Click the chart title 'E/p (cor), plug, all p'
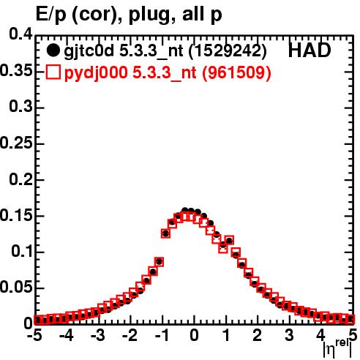point(129,15)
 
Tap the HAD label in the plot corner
point(310,50)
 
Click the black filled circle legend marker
point(53,50)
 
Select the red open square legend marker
point(53,72)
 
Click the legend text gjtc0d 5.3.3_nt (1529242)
point(165,51)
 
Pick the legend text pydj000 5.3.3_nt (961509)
point(168,73)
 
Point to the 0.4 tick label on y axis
point(21,34)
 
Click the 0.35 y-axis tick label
point(16,70)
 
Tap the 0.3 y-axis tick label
point(21,107)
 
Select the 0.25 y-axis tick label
point(16,143)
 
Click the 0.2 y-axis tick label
point(21,179)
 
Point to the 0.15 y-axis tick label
point(16,215)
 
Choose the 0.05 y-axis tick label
point(16,287)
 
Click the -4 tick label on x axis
point(67,335)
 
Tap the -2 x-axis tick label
point(130,335)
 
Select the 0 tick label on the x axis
point(194,335)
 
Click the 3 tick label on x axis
point(289,335)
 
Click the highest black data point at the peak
point(185,210)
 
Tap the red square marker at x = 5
point(350,319)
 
